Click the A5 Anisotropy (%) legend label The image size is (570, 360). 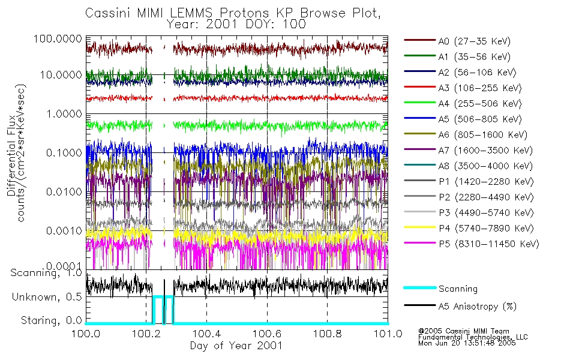pos(477,307)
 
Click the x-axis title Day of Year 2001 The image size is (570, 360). pos(236,346)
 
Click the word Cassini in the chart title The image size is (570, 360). pos(106,13)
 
